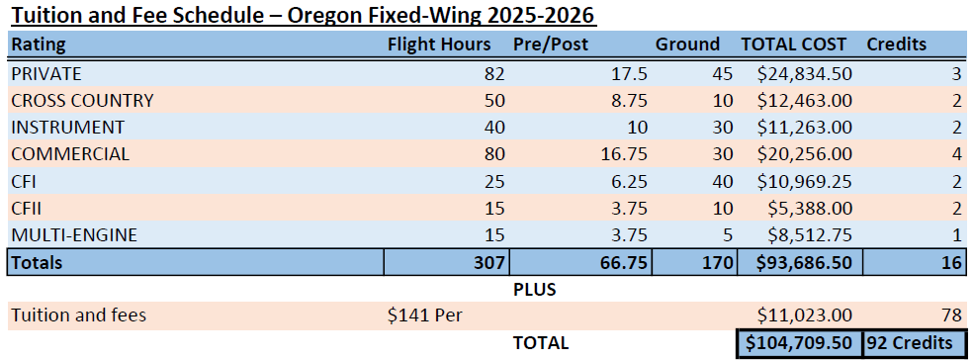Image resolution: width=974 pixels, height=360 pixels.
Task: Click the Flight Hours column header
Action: [x=439, y=45]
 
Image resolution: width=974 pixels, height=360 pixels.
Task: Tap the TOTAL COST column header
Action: [x=794, y=45]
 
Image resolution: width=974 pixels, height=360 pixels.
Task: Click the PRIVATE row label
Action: [x=46, y=73]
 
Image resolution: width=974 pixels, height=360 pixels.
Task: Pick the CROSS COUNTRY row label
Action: [x=82, y=100]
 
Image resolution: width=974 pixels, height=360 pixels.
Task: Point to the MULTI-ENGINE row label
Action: [x=74, y=234]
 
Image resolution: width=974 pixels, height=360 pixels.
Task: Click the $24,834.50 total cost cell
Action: [x=805, y=73]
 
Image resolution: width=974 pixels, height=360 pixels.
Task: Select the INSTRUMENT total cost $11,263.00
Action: [x=805, y=127]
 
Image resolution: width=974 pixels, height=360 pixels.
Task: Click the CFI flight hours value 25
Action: [x=494, y=181]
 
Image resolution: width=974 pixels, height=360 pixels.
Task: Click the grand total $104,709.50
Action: [x=799, y=342]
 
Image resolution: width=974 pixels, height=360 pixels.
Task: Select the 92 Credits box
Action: [x=911, y=342]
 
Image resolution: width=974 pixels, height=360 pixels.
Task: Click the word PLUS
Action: [x=535, y=290]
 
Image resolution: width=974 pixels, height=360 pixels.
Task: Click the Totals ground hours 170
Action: [x=717, y=262]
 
